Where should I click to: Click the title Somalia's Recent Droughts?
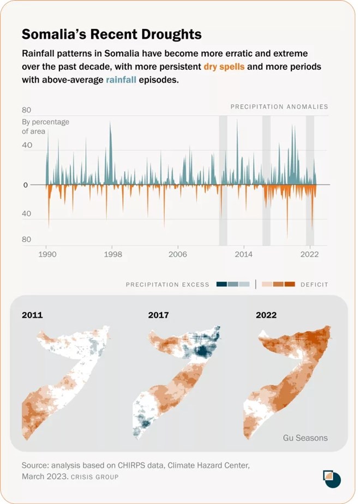(111, 34)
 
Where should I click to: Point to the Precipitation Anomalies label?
(279, 107)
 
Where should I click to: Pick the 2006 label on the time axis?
(178, 254)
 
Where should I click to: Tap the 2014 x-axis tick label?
(243, 254)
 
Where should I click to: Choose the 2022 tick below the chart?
(309, 254)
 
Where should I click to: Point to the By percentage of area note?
(45, 127)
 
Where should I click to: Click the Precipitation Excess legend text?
(167, 284)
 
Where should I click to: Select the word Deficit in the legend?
(314, 284)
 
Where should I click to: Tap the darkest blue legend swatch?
(221, 284)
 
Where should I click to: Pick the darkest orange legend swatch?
(290, 284)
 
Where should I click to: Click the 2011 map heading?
(32, 315)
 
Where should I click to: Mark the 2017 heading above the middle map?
(158, 315)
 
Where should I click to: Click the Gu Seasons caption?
(305, 437)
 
